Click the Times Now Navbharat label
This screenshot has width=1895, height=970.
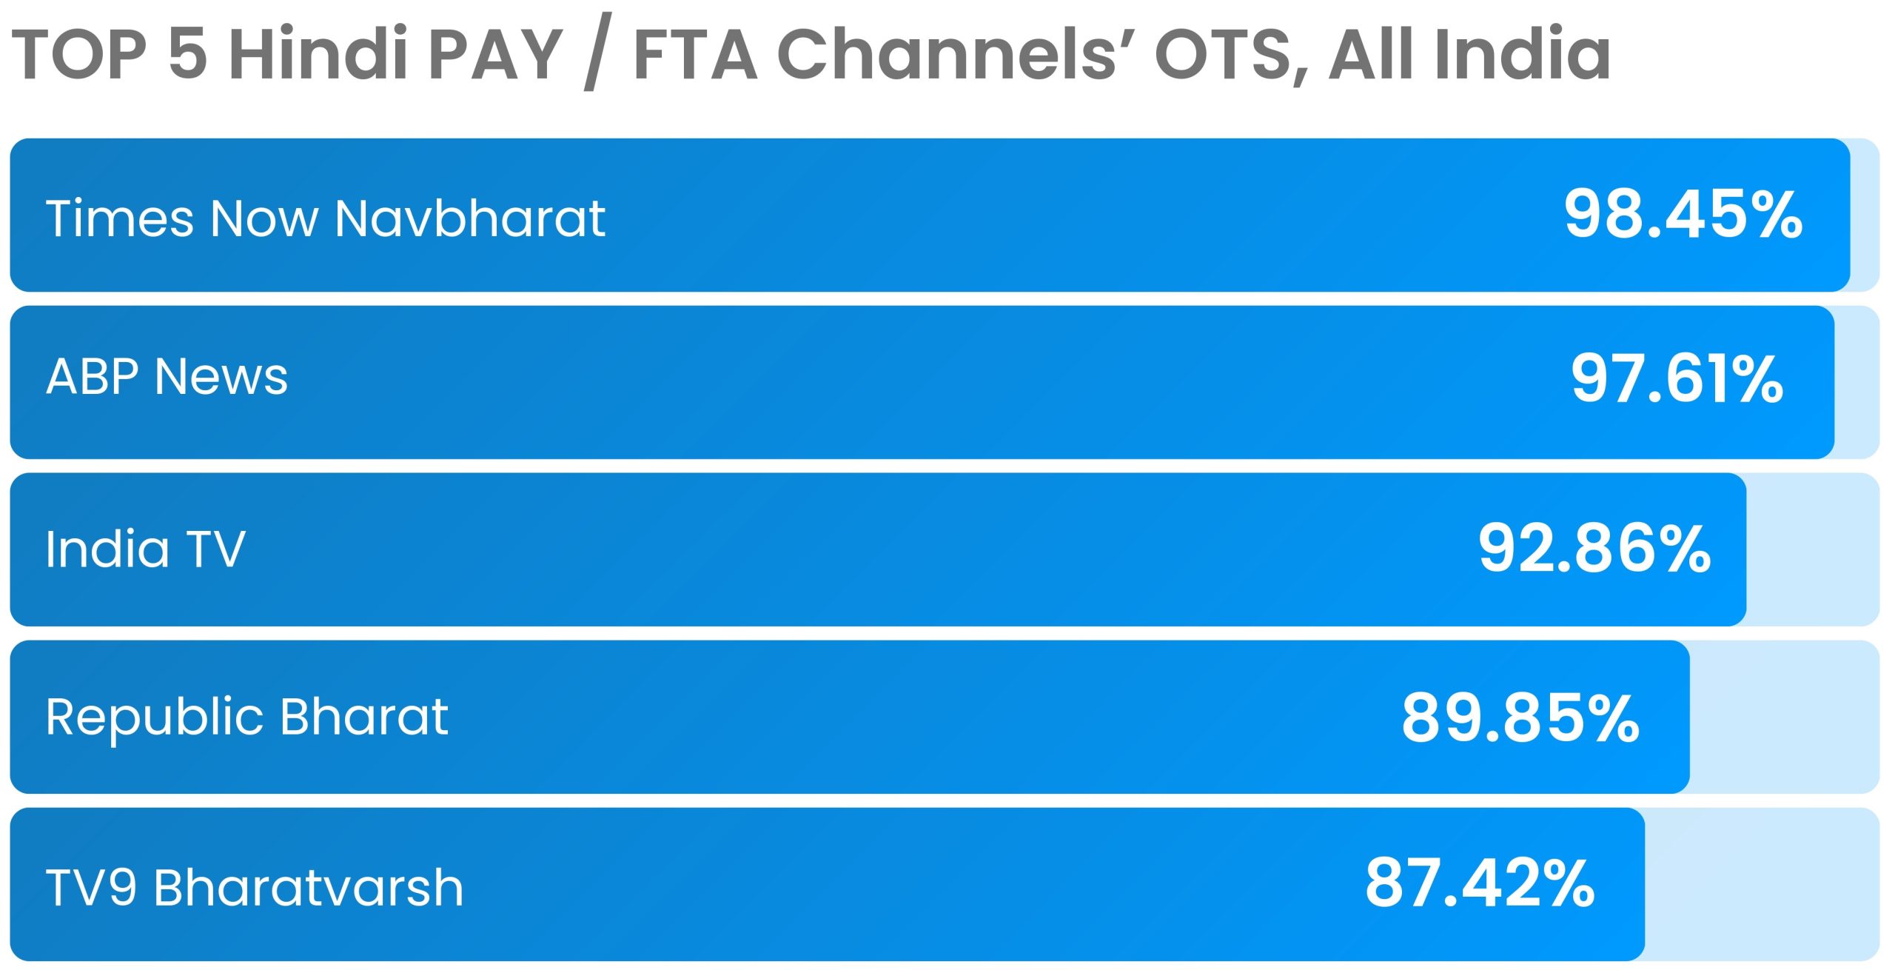(x=326, y=218)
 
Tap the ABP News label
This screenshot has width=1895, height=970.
(x=167, y=376)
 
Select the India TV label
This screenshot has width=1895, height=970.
(x=145, y=549)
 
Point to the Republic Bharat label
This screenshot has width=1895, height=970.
(x=246, y=717)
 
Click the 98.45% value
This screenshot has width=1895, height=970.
(x=1683, y=214)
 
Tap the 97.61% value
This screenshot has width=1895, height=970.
(x=1677, y=378)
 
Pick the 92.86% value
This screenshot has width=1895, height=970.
(x=1594, y=548)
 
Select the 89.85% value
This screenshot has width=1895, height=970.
(x=1520, y=717)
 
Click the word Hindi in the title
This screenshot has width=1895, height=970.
(x=318, y=53)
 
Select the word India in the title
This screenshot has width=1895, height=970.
(x=1523, y=53)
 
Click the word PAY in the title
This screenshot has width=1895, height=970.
(x=495, y=53)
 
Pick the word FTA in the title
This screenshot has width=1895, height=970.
(x=696, y=53)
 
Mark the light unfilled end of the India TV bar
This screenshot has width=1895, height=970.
(x=1814, y=549)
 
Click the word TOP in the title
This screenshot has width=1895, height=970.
(x=79, y=53)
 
